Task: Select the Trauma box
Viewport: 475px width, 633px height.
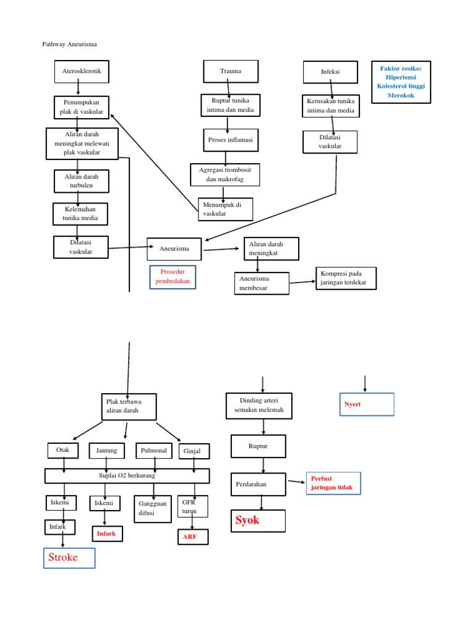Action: click(231, 71)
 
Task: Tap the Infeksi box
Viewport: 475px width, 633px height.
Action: click(330, 72)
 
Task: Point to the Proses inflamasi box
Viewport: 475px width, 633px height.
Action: click(228, 140)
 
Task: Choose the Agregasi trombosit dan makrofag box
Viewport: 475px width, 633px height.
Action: click(225, 174)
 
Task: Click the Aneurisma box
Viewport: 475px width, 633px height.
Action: click(175, 249)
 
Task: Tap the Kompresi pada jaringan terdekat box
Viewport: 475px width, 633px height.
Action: click(345, 278)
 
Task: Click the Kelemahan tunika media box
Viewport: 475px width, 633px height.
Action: click(80, 214)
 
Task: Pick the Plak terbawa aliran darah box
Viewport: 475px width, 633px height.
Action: click(129, 406)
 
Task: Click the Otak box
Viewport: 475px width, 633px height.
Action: click(63, 450)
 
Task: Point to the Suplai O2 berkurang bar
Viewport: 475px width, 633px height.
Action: click(127, 475)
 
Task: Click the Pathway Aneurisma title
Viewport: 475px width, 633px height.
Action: click(69, 45)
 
